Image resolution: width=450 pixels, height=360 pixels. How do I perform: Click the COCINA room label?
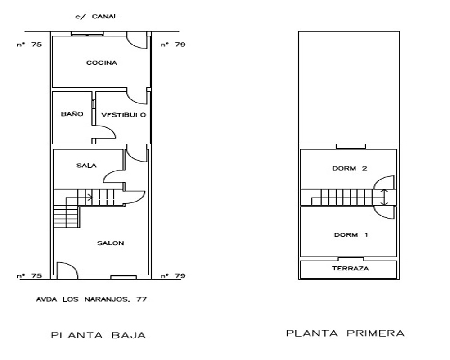(x=102, y=63)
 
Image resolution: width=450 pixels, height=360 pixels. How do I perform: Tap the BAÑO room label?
(x=72, y=114)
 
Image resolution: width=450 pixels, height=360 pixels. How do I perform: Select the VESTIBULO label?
(x=124, y=115)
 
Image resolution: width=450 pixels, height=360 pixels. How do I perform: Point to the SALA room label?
(x=86, y=165)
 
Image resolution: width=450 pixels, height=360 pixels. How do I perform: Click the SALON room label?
(x=111, y=243)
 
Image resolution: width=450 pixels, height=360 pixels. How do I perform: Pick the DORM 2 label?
(x=350, y=168)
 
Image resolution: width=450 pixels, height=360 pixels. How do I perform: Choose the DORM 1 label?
(x=351, y=235)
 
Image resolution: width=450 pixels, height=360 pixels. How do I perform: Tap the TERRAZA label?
(x=351, y=268)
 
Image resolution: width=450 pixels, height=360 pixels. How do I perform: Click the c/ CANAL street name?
(x=97, y=16)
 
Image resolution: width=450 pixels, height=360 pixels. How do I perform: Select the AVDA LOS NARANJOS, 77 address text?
(x=91, y=299)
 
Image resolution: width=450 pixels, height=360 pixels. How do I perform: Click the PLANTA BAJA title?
(x=98, y=335)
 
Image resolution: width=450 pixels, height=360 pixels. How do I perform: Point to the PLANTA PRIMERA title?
(x=345, y=333)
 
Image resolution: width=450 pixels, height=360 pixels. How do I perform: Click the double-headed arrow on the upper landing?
(x=385, y=197)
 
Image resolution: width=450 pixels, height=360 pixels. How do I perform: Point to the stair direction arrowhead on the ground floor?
(x=91, y=197)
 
